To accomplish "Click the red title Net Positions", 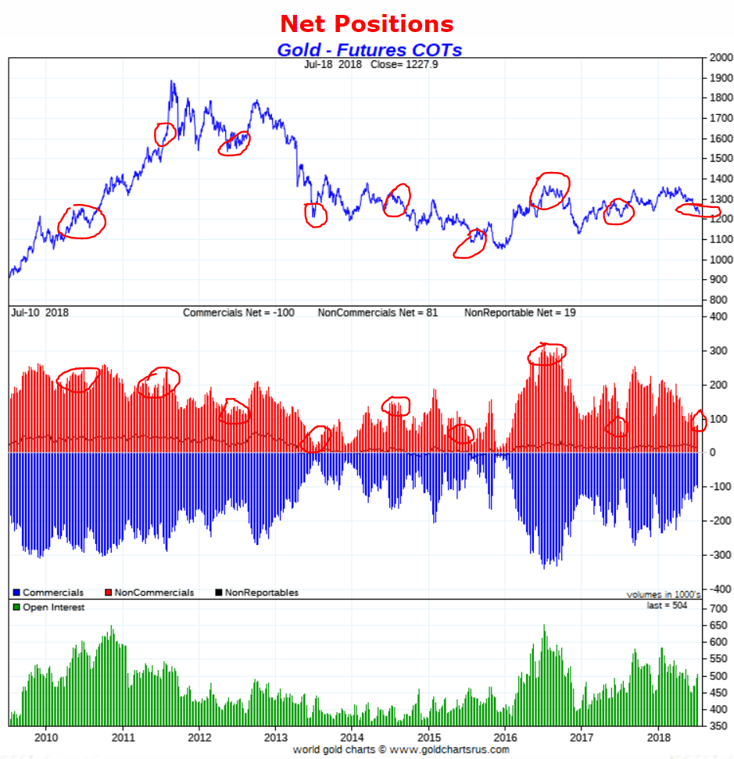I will point(367,23).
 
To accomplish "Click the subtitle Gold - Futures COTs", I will point(369,50).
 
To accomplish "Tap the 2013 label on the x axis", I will point(276,736).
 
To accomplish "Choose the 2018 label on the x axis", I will point(659,736).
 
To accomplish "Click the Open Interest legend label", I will point(53,607).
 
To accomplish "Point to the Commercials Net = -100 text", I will point(238,313).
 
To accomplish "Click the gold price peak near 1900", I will point(171,81).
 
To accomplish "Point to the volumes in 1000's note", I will point(664,595).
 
